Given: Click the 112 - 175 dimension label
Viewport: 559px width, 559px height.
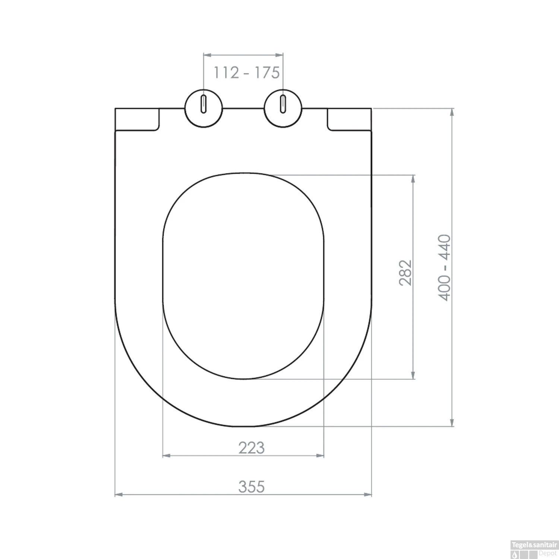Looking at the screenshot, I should coord(246,73).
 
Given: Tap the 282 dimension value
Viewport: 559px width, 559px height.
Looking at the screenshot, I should coord(405,273).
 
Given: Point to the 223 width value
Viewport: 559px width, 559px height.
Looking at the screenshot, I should coord(252,448).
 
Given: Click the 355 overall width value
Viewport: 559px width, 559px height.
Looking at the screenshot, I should coord(252,487).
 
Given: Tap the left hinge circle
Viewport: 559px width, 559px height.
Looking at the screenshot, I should coord(204,108).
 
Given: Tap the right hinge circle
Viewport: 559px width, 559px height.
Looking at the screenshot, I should coord(283,108).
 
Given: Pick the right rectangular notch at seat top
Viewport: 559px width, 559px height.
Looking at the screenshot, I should coord(349,119).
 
